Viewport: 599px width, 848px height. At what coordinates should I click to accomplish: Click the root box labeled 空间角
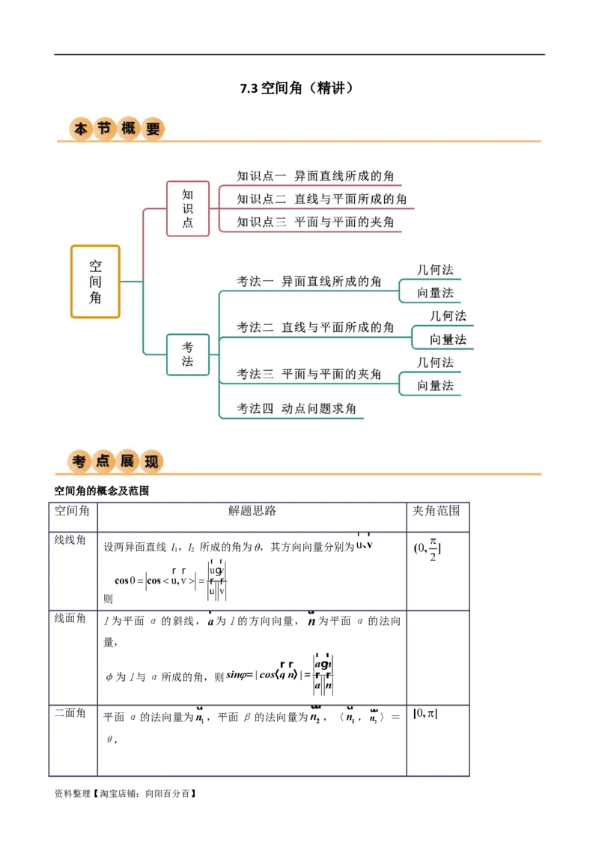click(95, 282)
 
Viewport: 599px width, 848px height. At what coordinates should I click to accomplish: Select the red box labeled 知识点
click(188, 208)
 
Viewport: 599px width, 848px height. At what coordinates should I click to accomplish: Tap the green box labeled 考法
click(188, 354)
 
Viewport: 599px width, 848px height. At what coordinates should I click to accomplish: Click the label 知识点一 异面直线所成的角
click(315, 176)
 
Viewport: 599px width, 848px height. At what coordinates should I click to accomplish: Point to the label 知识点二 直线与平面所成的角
click(322, 199)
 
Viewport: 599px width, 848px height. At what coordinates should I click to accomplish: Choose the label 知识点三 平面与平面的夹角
click(315, 222)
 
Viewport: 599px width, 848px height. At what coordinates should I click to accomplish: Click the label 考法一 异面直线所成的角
click(309, 282)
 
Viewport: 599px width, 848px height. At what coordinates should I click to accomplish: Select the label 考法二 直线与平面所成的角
click(315, 327)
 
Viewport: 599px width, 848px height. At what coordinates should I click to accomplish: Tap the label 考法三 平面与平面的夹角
click(309, 374)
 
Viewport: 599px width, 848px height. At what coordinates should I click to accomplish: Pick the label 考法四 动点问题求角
click(297, 409)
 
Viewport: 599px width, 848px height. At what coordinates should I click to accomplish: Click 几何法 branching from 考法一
click(436, 270)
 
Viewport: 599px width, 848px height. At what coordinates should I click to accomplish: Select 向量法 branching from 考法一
click(436, 293)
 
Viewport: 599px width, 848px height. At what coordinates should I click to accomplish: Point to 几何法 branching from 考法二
click(448, 316)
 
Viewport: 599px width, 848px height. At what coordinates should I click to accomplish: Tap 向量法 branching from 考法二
click(448, 339)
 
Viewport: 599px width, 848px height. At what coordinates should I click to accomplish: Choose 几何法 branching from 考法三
click(436, 363)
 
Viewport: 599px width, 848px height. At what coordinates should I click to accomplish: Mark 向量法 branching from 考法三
click(436, 386)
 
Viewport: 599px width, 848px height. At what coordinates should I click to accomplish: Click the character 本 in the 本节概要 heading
click(81, 130)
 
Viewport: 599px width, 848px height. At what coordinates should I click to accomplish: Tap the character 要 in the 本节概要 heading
click(153, 129)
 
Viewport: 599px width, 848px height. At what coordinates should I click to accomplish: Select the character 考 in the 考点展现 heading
click(79, 462)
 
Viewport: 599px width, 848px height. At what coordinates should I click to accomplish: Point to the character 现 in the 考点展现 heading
click(151, 462)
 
